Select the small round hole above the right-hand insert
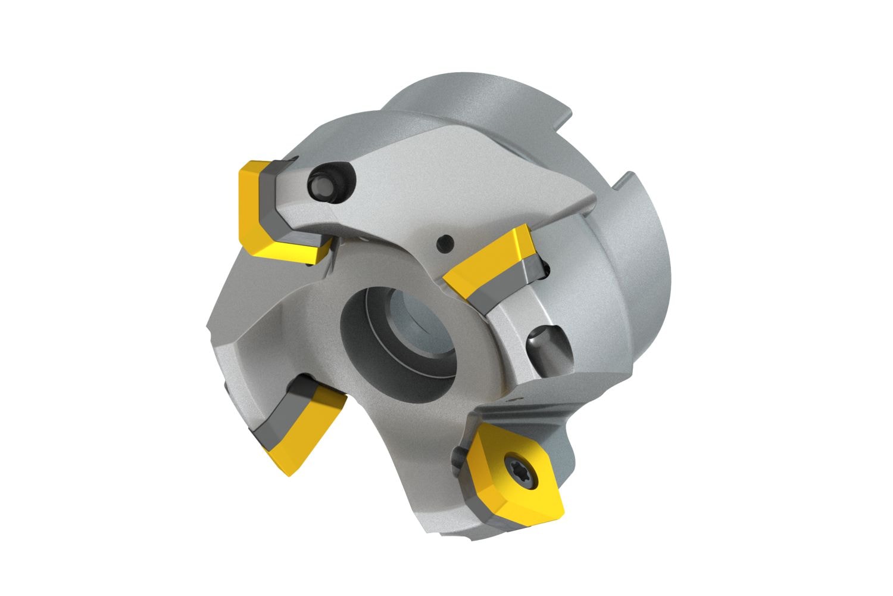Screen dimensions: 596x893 pos(444,243)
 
